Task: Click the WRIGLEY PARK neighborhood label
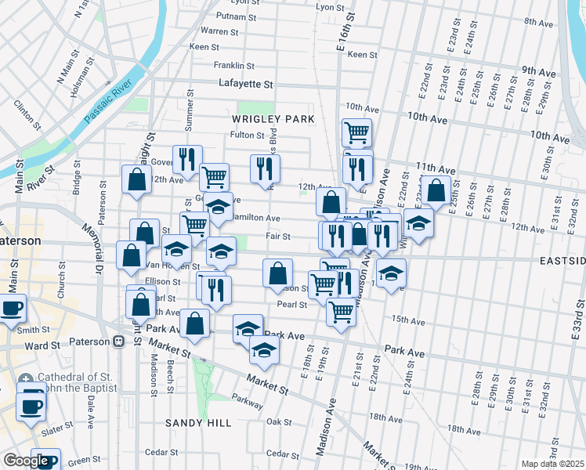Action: (x=273, y=119)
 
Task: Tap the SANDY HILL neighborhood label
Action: (x=197, y=423)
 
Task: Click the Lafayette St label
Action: (x=246, y=83)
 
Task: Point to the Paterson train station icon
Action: (x=118, y=342)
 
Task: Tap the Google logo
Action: (x=26, y=461)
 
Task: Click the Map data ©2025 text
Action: (x=553, y=464)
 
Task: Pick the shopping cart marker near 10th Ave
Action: (x=357, y=132)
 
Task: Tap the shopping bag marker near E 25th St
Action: (x=436, y=189)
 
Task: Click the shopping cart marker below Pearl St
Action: (x=341, y=312)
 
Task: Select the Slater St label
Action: (x=58, y=428)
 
